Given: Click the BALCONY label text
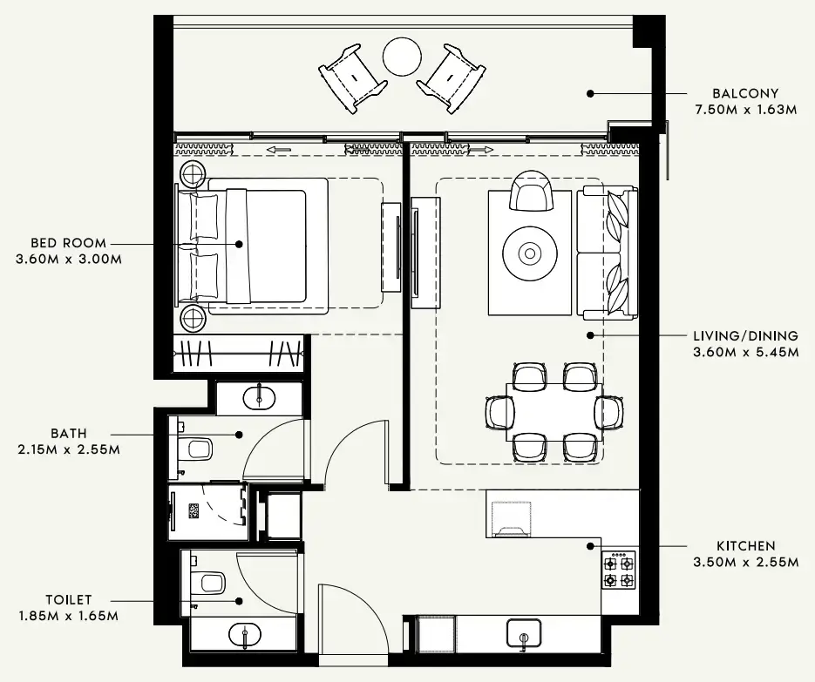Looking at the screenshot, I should [744, 93].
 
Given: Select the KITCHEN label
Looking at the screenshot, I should [745, 546].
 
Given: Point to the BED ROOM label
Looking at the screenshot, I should [68, 243].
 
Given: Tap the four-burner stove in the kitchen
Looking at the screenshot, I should [618, 571].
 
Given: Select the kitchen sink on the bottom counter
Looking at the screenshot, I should [524, 633].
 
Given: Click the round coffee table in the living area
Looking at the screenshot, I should [529, 253].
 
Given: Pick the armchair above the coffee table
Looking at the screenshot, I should [531, 192].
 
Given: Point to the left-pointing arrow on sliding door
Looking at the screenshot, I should [279, 150].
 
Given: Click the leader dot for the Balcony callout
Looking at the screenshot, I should [590, 92].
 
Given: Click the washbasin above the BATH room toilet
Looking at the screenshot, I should [259, 398].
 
